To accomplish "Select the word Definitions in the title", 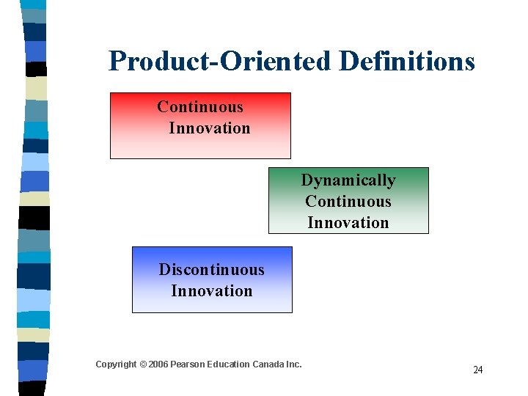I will pyautogui.click(x=407, y=62).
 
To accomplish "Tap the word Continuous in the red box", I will pyautogui.click(x=199, y=107).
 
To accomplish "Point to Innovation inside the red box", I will pyautogui.click(x=210, y=128).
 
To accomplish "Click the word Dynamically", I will pyautogui.click(x=348, y=180).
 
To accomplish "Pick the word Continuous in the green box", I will pyautogui.click(x=348, y=202).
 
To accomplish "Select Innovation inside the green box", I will pyautogui.click(x=348, y=223).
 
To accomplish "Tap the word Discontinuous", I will pyautogui.click(x=211, y=270).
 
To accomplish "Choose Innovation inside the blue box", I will pyautogui.click(x=211, y=291).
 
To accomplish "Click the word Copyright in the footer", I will pyautogui.click(x=116, y=364).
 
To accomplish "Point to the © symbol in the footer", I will pyautogui.click(x=143, y=364).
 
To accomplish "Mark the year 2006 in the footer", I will pyautogui.click(x=158, y=364).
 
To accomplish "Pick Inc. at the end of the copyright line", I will pyautogui.click(x=293, y=364).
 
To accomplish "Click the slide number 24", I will pyautogui.click(x=477, y=370).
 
